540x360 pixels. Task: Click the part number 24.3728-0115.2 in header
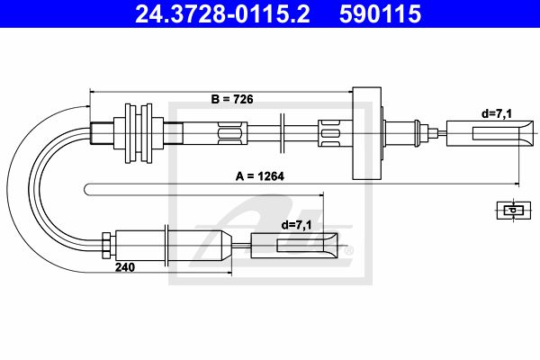[222, 14]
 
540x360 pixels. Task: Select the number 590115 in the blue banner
[380, 14]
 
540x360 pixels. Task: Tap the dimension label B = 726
[232, 99]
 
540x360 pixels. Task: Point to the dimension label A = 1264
[260, 176]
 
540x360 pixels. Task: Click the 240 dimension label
[125, 267]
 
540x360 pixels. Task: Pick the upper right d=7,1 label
[497, 113]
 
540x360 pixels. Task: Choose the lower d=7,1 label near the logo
[296, 225]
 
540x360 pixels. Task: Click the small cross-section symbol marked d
[514, 210]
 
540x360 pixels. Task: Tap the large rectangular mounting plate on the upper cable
[367, 133]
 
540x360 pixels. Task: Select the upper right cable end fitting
[490, 133]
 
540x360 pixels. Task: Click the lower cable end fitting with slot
[294, 246]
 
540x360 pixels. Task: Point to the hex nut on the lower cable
[106, 246]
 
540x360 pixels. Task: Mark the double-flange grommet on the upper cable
[139, 133]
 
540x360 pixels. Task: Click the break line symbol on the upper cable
[282, 133]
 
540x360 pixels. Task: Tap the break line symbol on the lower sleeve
[166, 246]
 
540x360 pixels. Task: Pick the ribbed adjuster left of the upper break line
[232, 133]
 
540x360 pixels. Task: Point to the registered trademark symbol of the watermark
[349, 251]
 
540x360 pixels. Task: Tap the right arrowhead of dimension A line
[517, 184]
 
